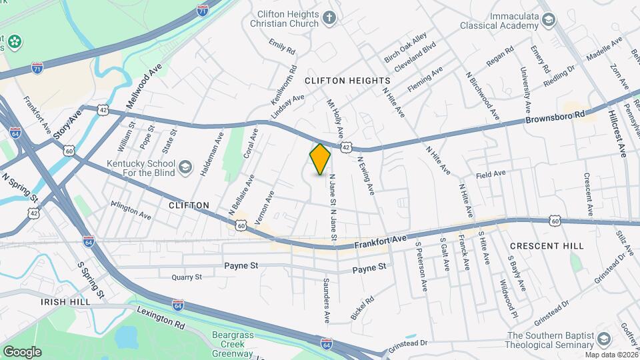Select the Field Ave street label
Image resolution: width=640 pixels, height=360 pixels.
pos(491,175)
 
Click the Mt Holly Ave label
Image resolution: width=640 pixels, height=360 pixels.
pos(335,114)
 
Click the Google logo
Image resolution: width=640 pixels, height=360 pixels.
pos(22,351)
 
